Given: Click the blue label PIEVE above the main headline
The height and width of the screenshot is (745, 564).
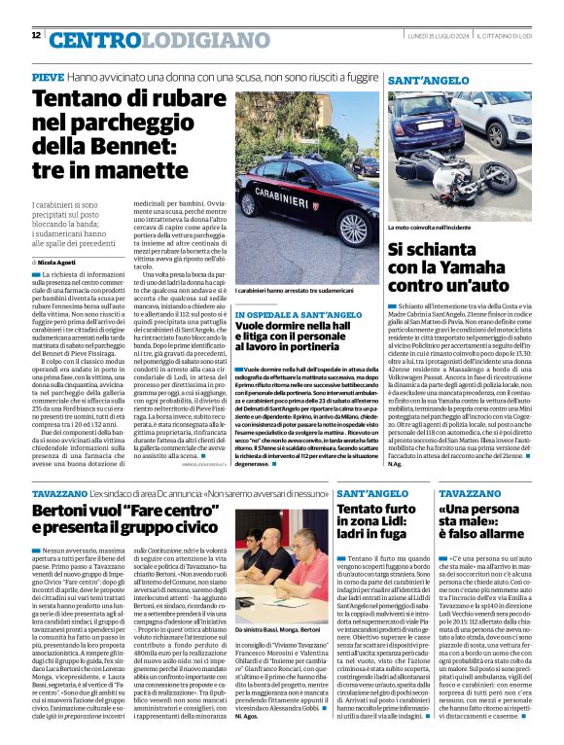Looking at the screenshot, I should pyautogui.click(x=47, y=76).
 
